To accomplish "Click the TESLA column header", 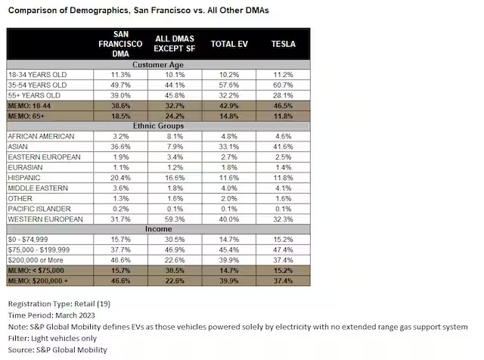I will pyautogui.click(x=282, y=45).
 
